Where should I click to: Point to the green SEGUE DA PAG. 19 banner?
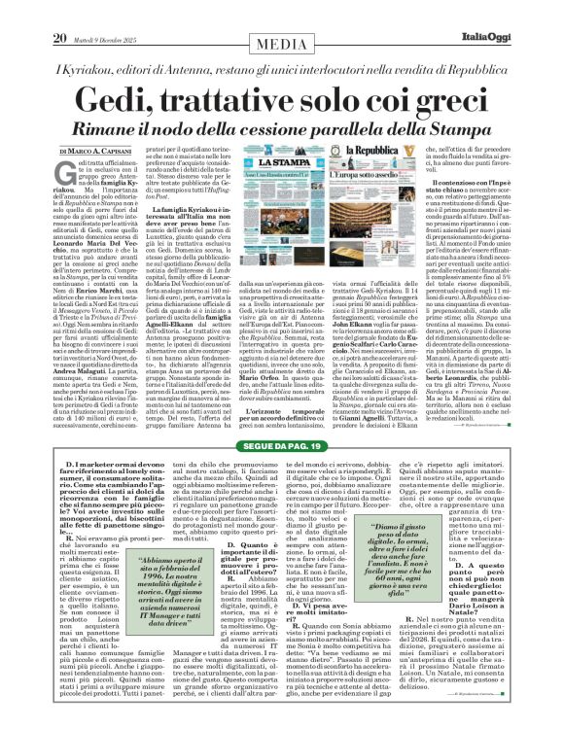(281, 418)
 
